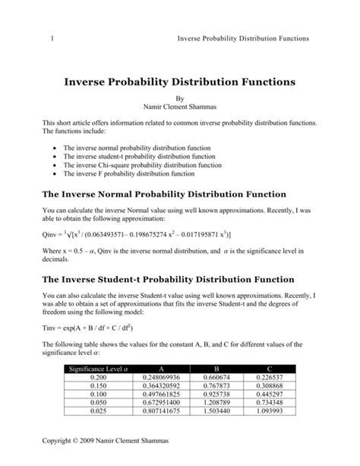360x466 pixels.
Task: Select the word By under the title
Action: [180, 97]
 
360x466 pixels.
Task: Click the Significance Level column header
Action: [99, 368]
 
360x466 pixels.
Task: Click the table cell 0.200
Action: [99, 377]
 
